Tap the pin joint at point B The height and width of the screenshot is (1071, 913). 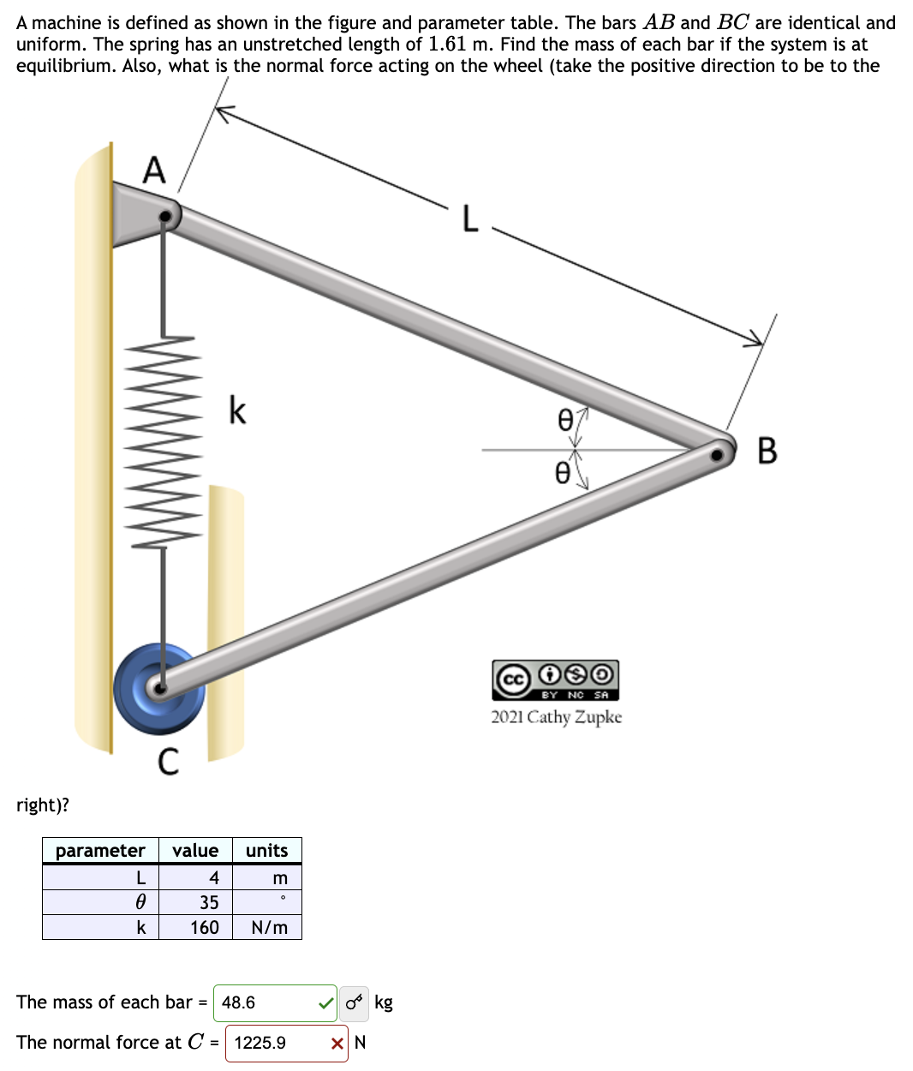tap(720, 451)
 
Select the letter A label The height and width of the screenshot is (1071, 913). tap(154, 170)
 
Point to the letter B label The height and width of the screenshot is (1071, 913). tap(767, 450)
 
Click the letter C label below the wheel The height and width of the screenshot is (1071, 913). tap(169, 761)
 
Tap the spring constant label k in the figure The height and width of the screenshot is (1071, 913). tap(237, 410)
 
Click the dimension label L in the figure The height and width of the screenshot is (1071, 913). tap(469, 218)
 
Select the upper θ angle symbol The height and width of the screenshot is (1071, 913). tap(564, 419)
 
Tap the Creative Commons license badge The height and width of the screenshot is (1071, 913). tap(555, 680)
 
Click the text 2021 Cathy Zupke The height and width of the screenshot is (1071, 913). tap(556, 717)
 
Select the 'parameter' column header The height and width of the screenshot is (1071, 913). tap(100, 851)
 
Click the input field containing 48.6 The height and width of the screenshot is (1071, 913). tap(266, 1002)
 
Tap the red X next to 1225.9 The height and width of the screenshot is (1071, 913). tap(337, 1043)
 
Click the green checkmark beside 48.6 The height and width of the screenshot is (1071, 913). tap(325, 1002)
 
